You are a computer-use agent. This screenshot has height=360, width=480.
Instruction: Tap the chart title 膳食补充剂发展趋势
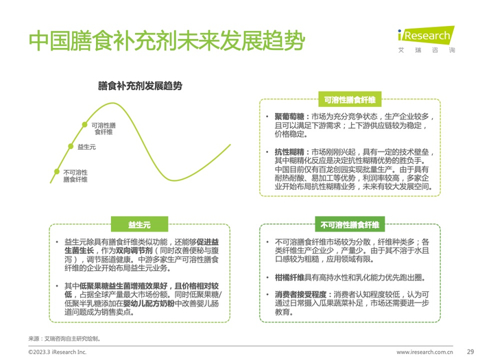pyautogui.click(x=140, y=86)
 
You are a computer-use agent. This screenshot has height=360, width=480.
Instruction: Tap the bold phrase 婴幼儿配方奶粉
pyautogui.click(x=154, y=302)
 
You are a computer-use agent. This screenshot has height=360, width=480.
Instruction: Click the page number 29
pyautogui.click(x=470, y=351)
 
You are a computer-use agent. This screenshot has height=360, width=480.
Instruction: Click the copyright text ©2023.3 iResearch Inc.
pyautogui.click(x=57, y=351)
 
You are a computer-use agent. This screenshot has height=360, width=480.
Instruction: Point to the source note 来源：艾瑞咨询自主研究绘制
pyautogui.click(x=64, y=338)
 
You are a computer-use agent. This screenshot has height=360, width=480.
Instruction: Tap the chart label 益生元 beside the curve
pyautogui.click(x=86, y=147)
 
